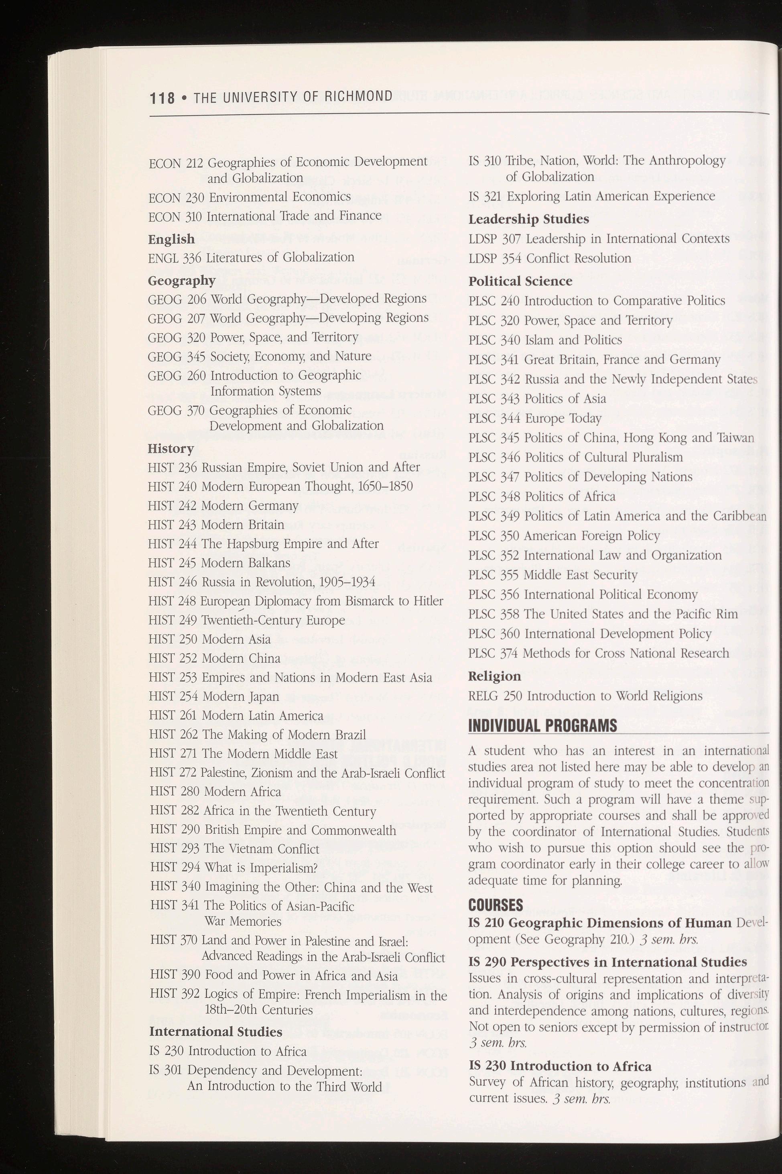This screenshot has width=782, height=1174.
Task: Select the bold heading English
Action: tap(171, 240)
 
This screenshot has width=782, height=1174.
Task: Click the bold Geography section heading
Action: tap(181, 281)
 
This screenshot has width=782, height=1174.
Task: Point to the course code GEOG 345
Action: tap(177, 356)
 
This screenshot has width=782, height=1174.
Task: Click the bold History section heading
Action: tap(171, 449)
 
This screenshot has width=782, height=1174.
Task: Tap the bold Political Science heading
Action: tap(520, 281)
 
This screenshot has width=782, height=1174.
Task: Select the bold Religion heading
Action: tap(494, 677)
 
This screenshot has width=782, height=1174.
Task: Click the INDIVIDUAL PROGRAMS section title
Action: tap(542, 726)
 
